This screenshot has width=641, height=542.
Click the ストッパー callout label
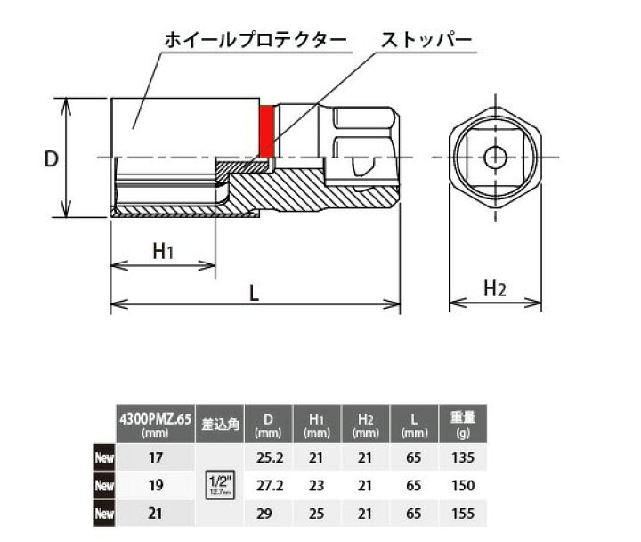(x=426, y=41)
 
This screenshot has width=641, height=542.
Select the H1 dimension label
(x=162, y=253)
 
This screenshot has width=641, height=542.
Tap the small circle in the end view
(x=495, y=158)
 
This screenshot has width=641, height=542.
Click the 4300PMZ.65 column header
(x=157, y=419)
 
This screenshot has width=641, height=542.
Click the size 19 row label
(x=157, y=486)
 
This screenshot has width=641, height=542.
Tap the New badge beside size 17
(x=106, y=460)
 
